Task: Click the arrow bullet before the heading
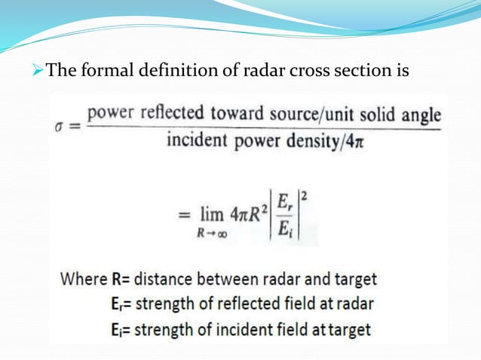38,72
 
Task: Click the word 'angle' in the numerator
420,115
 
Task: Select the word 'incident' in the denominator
195,141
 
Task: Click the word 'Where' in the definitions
84,279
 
